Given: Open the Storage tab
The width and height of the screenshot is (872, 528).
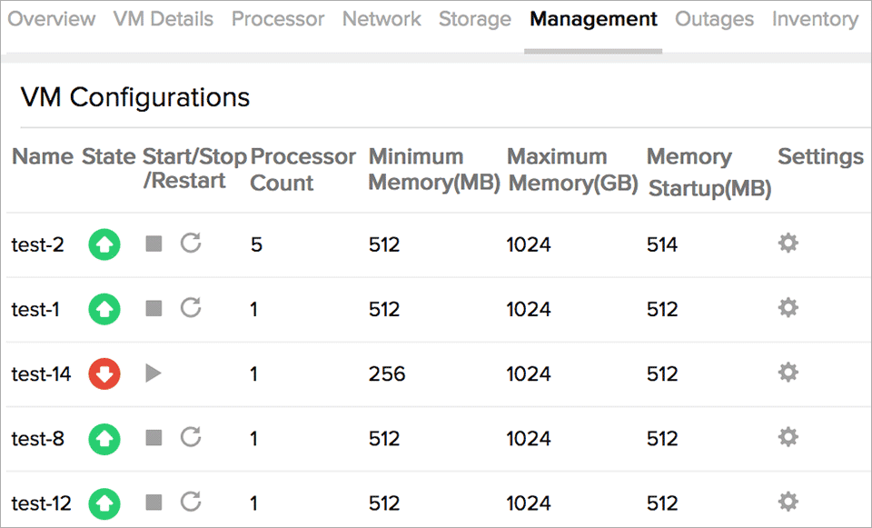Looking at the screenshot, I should point(474,19).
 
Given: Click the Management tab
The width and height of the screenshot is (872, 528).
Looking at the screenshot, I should point(593,19).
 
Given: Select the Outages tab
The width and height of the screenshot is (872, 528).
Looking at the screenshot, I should point(714,19).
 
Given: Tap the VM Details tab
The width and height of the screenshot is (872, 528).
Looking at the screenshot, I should point(163,19).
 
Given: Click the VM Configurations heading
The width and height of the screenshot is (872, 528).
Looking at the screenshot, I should point(135,97).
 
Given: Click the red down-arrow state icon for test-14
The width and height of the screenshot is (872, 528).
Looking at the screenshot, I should point(104,374).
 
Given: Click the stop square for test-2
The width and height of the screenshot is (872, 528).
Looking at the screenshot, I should point(154,244).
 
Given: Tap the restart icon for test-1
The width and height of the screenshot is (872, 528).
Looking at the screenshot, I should point(191,308).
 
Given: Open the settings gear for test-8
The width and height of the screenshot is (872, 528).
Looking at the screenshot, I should point(788,438).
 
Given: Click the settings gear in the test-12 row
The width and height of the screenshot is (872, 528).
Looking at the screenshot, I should point(788,503).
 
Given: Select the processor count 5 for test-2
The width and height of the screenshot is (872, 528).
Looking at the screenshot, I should point(256,244).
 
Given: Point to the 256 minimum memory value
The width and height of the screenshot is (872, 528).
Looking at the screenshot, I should point(387,374).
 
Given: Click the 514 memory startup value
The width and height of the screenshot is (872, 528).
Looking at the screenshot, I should point(662,244).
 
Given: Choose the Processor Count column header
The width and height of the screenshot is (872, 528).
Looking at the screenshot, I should point(302,169).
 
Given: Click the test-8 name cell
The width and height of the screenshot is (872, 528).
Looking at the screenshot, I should point(38,439).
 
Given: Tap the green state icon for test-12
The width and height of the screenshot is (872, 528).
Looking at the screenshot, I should point(104,503).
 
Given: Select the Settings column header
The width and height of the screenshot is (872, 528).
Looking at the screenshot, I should point(820,156).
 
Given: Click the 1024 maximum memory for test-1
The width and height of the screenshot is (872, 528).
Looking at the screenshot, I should point(529,309).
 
